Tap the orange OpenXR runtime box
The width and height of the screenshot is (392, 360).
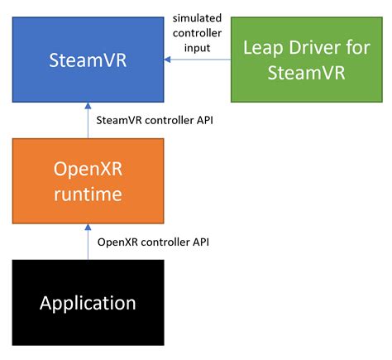click(x=88, y=182)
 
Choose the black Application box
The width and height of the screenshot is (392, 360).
click(x=88, y=302)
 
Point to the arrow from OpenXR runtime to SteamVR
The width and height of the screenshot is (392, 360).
click(x=88, y=121)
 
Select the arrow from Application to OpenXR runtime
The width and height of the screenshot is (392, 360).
click(x=88, y=242)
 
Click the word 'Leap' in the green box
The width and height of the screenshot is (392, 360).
click(x=262, y=47)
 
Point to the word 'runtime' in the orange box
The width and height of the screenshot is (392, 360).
click(x=88, y=196)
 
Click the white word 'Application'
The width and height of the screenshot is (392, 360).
click(x=88, y=302)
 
